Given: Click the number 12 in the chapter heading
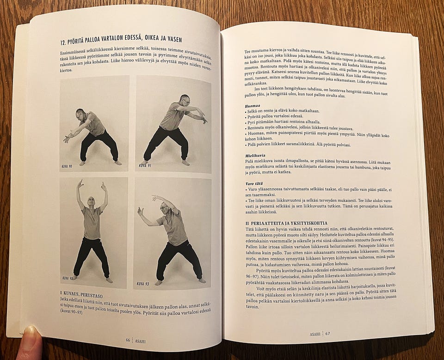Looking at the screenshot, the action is pyautogui.click(x=63, y=43).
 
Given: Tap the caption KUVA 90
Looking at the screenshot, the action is pyautogui.click(x=67, y=166).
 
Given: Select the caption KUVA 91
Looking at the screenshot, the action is pyautogui.click(x=145, y=165).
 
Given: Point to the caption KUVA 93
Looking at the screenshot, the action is pyautogui.click(x=143, y=284).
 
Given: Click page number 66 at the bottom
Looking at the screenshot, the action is pyautogui.click(x=128, y=340).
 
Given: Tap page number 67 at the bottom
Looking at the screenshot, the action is pyautogui.click(x=327, y=334).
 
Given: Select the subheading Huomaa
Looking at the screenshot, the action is pyautogui.click(x=251, y=106).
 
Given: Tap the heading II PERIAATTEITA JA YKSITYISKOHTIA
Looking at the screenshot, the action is pyautogui.click(x=286, y=223).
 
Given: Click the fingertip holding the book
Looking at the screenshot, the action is pyautogui.click(x=31, y=333).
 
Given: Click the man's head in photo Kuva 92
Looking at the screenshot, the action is pyautogui.click(x=91, y=202).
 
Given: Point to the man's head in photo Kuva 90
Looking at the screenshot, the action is pyautogui.click(x=80, y=114).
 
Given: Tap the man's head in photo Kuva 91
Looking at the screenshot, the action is pyautogui.click(x=185, y=100).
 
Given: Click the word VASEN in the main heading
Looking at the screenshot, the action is pyautogui.click(x=173, y=39).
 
